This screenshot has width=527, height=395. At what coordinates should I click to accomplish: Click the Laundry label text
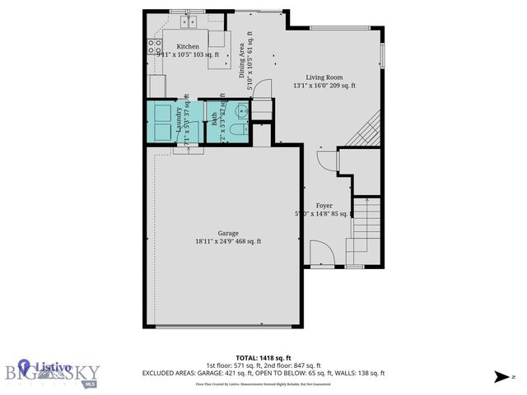[179, 120]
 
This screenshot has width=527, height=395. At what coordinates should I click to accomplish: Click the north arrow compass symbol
[500, 377]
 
